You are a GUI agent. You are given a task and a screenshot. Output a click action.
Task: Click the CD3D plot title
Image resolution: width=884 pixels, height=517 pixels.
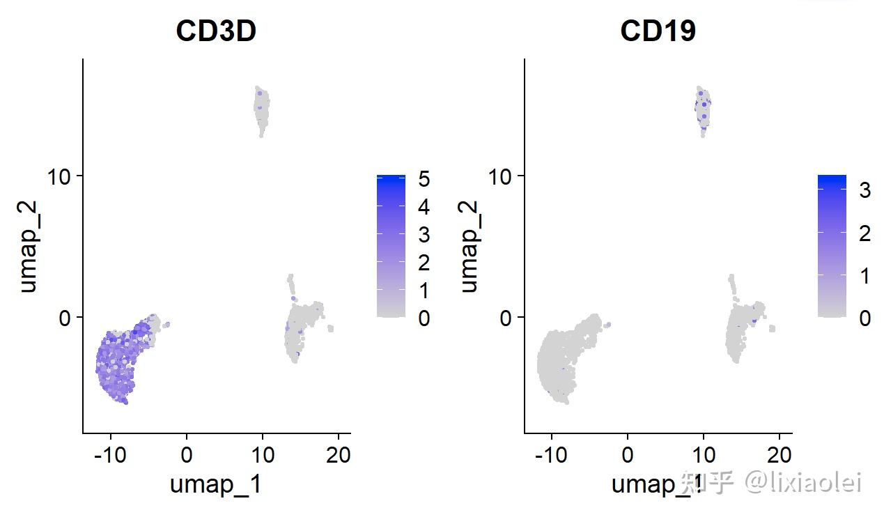coord(216,31)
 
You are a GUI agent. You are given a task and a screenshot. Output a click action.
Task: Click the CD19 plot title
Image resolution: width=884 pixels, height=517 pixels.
coord(658,31)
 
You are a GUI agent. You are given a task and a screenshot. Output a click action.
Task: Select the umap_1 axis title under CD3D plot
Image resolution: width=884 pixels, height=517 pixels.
coord(216,484)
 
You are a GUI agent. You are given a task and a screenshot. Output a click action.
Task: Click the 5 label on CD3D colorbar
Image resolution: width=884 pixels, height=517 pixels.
coord(424,179)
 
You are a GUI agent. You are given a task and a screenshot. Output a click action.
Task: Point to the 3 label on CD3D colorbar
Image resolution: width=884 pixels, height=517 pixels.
coord(424,235)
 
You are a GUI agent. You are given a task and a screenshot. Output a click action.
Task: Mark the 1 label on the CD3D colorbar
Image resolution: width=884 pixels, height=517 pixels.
coord(424,291)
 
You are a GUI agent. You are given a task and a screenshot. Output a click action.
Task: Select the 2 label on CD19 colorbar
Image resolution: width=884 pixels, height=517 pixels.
coord(864,233)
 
